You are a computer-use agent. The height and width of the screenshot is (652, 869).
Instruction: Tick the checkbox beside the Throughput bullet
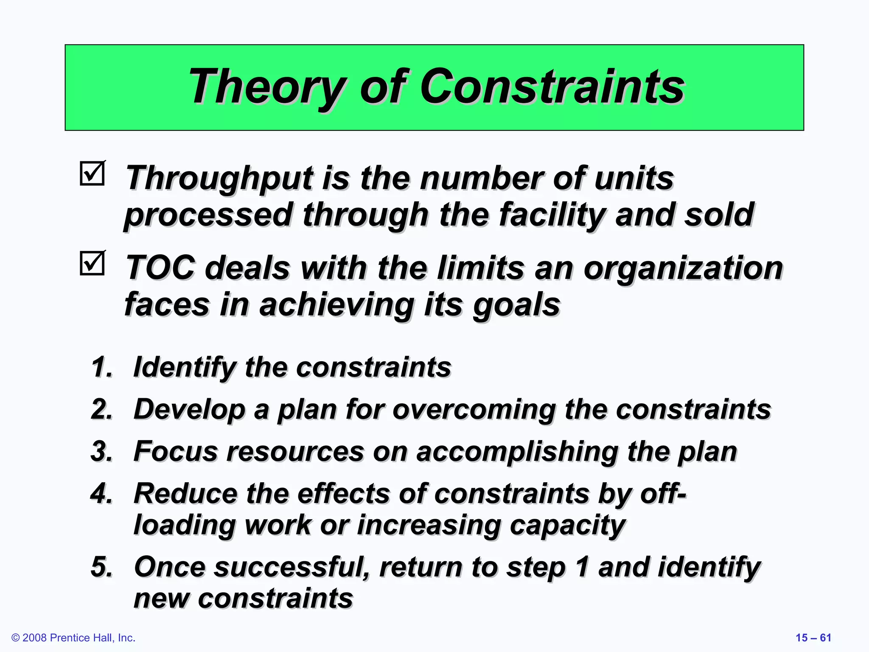coord(92,174)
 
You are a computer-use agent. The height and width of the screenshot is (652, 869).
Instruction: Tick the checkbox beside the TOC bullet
coord(92,263)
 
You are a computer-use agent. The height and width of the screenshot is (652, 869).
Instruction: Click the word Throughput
coord(219,178)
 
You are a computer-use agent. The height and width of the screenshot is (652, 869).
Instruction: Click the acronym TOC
coord(160,268)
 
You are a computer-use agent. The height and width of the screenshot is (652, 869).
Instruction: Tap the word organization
coord(683,268)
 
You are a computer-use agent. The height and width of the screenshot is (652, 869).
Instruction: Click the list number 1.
coord(102,367)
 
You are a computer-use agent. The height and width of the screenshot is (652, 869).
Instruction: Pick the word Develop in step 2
coord(189,410)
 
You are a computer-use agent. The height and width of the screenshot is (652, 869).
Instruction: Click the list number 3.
coord(102,451)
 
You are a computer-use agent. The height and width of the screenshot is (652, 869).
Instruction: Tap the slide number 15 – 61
coord(813,638)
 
